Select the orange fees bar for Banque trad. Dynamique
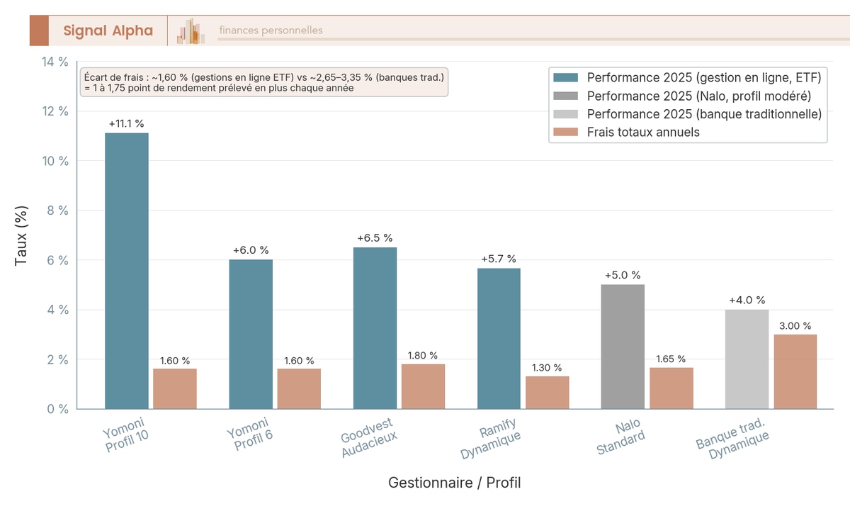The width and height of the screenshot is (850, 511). pyautogui.click(x=795, y=371)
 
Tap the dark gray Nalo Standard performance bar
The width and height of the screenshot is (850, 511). pyautogui.click(x=623, y=347)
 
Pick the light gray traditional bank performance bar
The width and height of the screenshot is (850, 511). pyautogui.click(x=747, y=359)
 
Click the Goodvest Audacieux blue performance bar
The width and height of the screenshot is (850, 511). pyautogui.click(x=375, y=328)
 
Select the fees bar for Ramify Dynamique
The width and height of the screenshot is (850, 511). pyautogui.click(x=547, y=392)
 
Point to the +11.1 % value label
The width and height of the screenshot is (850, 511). pyautogui.click(x=127, y=123)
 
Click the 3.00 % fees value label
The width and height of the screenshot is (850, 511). pyautogui.click(x=795, y=325)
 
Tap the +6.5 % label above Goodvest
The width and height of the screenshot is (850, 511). pyautogui.click(x=375, y=238)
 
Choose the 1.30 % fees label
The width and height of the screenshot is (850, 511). pyautogui.click(x=547, y=367)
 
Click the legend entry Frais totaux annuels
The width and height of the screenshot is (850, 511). pyautogui.click(x=643, y=132)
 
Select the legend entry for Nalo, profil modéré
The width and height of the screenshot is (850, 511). pyautogui.click(x=698, y=95)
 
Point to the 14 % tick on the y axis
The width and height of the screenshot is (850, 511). pyautogui.click(x=54, y=62)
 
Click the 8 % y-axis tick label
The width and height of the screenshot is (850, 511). pyautogui.click(x=57, y=210)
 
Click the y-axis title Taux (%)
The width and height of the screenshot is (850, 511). pyautogui.click(x=22, y=235)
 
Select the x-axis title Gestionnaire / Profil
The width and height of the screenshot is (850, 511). pyautogui.click(x=454, y=483)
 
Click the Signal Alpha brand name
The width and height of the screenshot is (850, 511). pyautogui.click(x=108, y=30)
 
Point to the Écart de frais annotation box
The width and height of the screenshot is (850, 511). pyautogui.click(x=263, y=82)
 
